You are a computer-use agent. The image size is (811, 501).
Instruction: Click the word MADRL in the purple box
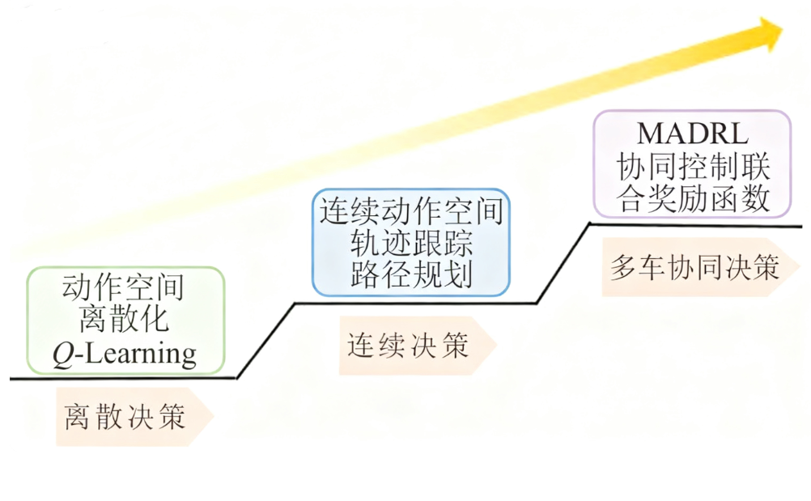click(x=692, y=134)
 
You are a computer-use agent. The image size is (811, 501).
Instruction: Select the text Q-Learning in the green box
click(x=125, y=354)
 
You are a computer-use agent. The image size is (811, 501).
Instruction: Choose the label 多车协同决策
click(x=694, y=268)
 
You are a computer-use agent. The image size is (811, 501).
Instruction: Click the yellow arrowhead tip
click(x=781, y=31)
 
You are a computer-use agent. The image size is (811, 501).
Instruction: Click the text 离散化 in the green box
click(x=124, y=321)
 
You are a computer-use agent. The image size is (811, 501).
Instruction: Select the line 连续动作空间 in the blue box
click(x=411, y=211)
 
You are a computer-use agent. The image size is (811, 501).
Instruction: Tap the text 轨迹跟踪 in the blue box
click(x=411, y=244)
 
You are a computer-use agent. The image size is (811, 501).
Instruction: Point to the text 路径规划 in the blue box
click(x=411, y=275)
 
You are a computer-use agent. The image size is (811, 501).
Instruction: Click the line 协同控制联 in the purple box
click(x=693, y=168)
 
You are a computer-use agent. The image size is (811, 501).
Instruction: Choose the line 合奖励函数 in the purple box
click(x=693, y=198)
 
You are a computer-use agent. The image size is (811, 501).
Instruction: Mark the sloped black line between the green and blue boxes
click(x=265, y=340)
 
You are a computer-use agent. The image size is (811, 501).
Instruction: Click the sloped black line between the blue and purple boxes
click(x=563, y=263)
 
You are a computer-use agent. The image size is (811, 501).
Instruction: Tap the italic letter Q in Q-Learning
click(x=64, y=355)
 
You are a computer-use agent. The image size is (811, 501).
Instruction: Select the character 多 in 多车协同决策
click(x=622, y=268)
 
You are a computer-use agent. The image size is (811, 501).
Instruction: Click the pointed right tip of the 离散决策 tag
click(x=212, y=417)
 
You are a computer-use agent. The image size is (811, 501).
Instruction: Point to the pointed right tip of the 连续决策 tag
click(x=495, y=346)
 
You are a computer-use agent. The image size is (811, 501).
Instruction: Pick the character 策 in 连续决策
click(x=455, y=346)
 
